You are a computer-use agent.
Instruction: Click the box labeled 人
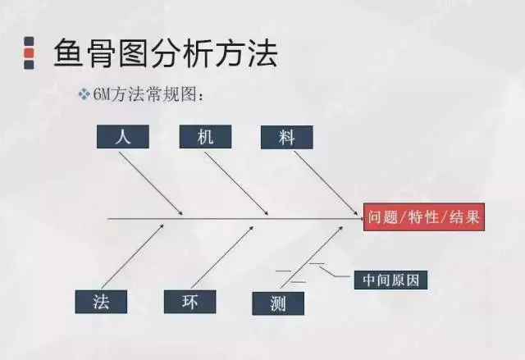point(123,137)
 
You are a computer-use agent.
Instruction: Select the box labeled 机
point(205,137)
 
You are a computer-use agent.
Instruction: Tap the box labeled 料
point(286,137)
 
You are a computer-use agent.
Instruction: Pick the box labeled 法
point(102,301)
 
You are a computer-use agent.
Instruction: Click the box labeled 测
point(279,303)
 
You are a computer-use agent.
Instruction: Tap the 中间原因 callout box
point(390,280)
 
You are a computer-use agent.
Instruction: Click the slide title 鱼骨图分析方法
point(165,54)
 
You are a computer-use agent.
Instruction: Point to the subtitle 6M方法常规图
point(147,95)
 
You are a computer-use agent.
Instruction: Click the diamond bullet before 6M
point(83,95)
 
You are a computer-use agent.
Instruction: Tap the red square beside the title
point(29,55)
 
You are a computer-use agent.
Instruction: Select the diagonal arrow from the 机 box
point(238,184)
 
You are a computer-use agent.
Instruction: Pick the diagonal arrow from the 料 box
point(323,182)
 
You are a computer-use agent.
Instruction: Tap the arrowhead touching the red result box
point(358,218)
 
